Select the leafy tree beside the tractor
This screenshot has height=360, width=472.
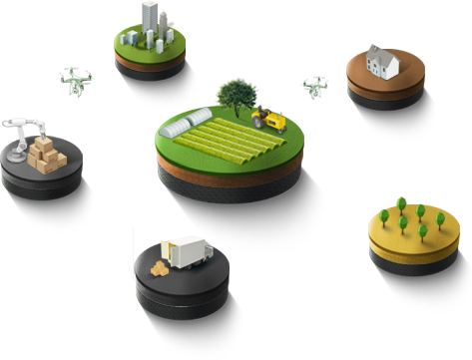point(236,95)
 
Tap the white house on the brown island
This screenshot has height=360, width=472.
point(383,66)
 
